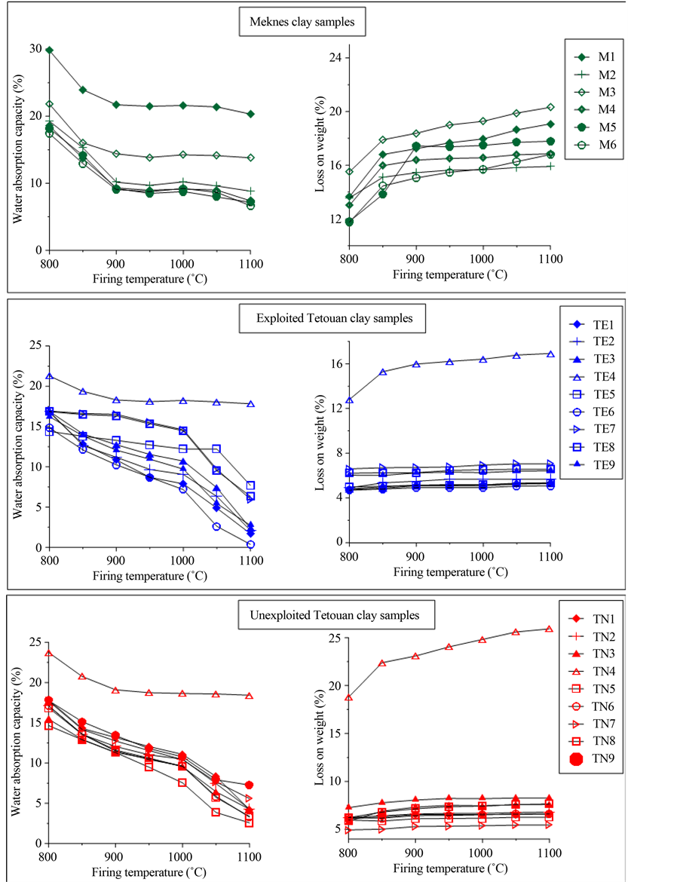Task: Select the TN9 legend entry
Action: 598,759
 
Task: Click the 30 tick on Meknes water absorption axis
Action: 35,49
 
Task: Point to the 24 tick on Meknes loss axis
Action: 336,57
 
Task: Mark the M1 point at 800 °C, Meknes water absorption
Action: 49,50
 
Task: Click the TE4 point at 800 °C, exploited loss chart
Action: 349,400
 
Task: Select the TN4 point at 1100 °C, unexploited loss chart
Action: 550,629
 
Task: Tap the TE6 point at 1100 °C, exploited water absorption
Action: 250,544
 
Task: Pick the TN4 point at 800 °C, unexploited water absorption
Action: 49,652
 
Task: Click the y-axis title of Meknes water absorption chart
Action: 17,150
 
